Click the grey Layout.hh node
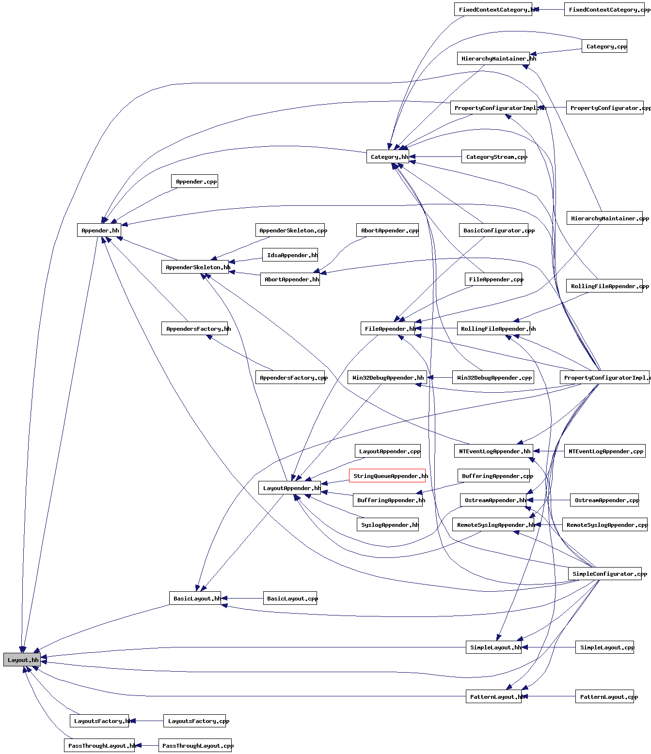(x=23, y=660)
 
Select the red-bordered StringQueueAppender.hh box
(x=387, y=476)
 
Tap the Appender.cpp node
(x=194, y=182)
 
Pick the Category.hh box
(x=388, y=157)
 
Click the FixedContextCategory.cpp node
(x=607, y=10)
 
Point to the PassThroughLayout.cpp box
(x=195, y=746)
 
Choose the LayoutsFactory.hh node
(x=99, y=721)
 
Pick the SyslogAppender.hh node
(x=388, y=525)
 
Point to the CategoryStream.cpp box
(x=493, y=157)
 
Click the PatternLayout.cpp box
(x=604, y=697)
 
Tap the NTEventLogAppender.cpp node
(x=605, y=451)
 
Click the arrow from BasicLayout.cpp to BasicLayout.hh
(x=242, y=599)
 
